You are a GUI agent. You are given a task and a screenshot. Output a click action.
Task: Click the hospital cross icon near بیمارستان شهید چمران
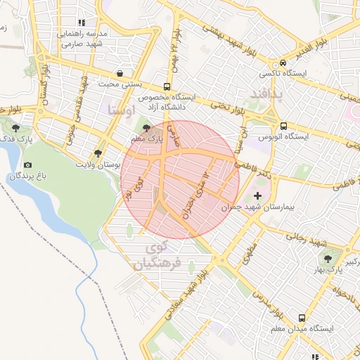[257, 195]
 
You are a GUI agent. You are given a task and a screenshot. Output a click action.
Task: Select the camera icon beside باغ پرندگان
[27, 165]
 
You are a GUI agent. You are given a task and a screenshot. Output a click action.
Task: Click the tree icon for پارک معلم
[146, 128]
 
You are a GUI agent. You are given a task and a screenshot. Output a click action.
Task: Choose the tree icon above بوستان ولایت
[98, 152]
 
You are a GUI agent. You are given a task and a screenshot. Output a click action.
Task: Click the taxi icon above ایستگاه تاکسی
[283, 62]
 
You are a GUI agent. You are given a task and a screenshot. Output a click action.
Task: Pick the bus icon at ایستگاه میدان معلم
[302, 318]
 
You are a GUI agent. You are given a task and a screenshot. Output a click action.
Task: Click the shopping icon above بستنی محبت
[121, 73]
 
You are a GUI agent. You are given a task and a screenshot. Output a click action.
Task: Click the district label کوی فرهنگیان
[160, 256]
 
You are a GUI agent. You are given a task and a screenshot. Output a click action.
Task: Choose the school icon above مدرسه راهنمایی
[82, 22]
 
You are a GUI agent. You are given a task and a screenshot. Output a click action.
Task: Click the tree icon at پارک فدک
[16, 127]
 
